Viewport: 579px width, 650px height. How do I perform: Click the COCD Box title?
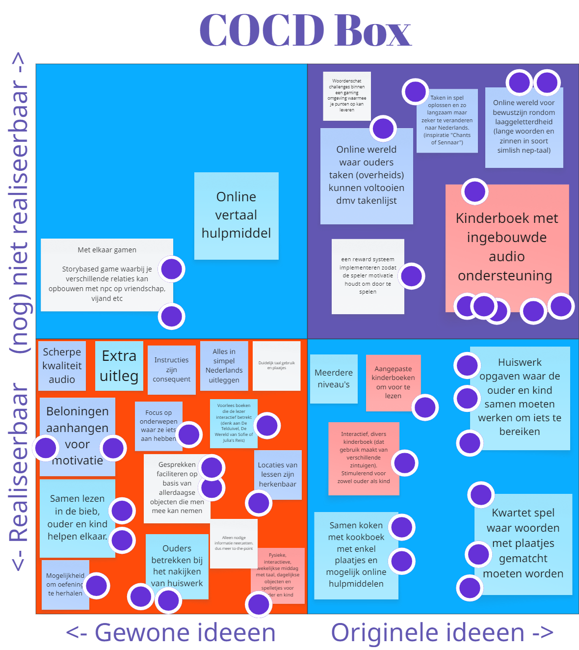pos(305,30)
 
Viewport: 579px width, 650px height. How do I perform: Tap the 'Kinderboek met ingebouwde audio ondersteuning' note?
pos(506,246)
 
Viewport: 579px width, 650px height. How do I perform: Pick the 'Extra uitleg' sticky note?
pos(119,366)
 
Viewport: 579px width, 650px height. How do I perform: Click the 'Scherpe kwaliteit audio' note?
pos(62,366)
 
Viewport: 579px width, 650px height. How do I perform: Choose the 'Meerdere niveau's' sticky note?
pos(334,379)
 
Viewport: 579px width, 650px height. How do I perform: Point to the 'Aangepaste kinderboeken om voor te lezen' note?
pos(393,382)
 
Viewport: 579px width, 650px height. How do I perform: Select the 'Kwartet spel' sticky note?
pos(523,543)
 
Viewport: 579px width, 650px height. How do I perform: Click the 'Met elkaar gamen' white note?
pos(106,274)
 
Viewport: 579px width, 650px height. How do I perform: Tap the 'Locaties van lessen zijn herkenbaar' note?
pos(278,474)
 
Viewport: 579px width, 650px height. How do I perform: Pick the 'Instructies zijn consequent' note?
pos(171,370)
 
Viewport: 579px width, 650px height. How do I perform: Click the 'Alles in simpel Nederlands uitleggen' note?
pos(224,366)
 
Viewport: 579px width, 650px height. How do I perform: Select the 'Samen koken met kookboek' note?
pos(356,555)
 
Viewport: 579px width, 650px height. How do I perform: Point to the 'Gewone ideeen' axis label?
pos(171,632)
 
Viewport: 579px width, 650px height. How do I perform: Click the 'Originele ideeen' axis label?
pos(442,632)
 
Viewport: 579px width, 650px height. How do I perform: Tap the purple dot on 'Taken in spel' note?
pos(415,91)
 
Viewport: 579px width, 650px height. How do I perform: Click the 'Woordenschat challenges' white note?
pos(346,96)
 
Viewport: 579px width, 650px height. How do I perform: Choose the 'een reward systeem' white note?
pos(368,276)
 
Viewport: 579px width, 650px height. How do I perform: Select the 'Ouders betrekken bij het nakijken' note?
pos(177,566)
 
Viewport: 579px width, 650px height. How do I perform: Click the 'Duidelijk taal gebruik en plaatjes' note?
pos(276,366)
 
